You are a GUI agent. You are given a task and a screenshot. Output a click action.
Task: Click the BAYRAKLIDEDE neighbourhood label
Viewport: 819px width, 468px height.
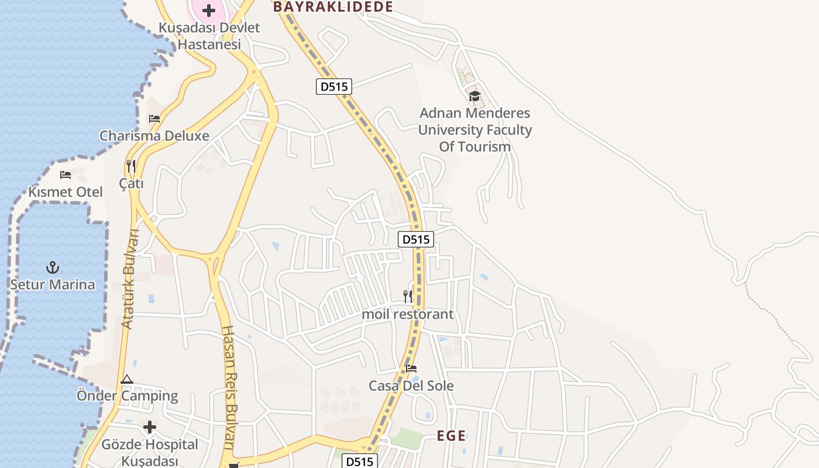pyautogui.click(x=332, y=6)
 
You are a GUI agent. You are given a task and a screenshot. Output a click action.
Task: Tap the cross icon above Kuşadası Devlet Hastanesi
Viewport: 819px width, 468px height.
pyautogui.click(x=209, y=11)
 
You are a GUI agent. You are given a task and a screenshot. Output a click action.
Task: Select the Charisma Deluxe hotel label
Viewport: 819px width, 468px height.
pyautogui.click(x=154, y=136)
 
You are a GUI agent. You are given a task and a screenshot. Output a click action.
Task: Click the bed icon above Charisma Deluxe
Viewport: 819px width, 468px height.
pyautogui.click(x=154, y=118)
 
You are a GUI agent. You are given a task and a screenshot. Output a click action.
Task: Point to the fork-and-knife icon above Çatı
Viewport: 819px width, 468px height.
pyautogui.click(x=131, y=166)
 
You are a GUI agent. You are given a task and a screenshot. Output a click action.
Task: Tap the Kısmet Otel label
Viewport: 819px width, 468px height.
pyautogui.click(x=66, y=192)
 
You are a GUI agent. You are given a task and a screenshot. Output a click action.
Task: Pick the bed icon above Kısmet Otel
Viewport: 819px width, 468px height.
pyautogui.click(x=66, y=174)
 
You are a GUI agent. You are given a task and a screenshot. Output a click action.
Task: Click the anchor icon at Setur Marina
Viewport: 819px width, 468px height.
pyautogui.click(x=53, y=267)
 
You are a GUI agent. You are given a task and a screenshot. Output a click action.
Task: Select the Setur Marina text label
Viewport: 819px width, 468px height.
pyautogui.click(x=53, y=285)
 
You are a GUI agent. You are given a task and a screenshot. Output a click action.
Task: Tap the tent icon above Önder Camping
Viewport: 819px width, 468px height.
pyautogui.click(x=127, y=379)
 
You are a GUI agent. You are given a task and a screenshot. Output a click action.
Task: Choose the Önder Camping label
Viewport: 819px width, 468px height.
pyautogui.click(x=128, y=395)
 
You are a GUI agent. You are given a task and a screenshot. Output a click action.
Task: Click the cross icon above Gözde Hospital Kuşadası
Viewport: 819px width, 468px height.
pyautogui.click(x=150, y=427)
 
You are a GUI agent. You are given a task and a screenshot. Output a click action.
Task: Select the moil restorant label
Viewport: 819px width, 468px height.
pyautogui.click(x=408, y=314)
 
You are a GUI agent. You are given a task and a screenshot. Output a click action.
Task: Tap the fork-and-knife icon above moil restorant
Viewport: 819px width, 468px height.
pyautogui.click(x=408, y=297)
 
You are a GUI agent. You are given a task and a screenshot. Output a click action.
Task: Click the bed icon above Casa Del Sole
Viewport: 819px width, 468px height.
pyautogui.click(x=411, y=369)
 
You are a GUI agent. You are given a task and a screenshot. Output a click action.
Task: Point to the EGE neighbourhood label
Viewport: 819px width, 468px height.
pyautogui.click(x=452, y=436)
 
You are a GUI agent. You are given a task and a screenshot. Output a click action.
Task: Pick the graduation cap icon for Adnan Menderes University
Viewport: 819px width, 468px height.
pyautogui.click(x=474, y=96)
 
